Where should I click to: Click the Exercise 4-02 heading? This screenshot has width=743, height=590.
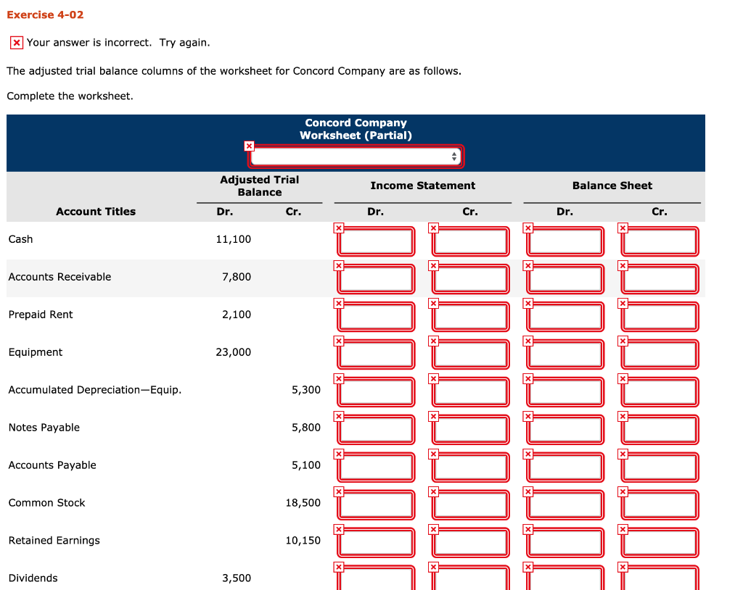coord(40,15)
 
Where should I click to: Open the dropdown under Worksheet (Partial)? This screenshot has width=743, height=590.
coord(356,157)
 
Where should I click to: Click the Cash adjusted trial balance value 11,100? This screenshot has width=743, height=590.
coord(233,239)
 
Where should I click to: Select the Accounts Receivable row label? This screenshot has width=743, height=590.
coord(59,277)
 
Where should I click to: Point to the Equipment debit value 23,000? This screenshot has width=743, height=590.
coord(233,352)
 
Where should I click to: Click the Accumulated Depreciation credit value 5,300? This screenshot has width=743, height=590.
coord(305,390)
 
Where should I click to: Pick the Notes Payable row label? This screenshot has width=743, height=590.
coord(44,428)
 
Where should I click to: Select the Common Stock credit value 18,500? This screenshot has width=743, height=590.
coord(303,503)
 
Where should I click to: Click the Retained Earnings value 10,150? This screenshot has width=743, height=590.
coord(303,541)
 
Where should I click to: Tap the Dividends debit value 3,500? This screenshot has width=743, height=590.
coord(237,578)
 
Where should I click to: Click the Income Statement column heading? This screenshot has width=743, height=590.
coord(422,186)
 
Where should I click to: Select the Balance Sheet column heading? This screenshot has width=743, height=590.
coord(612,186)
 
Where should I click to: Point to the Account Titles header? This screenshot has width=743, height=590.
coord(96,212)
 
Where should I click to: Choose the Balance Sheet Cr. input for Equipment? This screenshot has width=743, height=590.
coord(660,354)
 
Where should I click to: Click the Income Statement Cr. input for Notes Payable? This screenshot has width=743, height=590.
coord(472,430)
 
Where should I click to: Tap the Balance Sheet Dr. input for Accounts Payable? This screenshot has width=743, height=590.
coord(566,468)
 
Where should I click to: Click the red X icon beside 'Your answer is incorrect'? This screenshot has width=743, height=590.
coord(16,43)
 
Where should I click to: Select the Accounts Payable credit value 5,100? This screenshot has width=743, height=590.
coord(305,465)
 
